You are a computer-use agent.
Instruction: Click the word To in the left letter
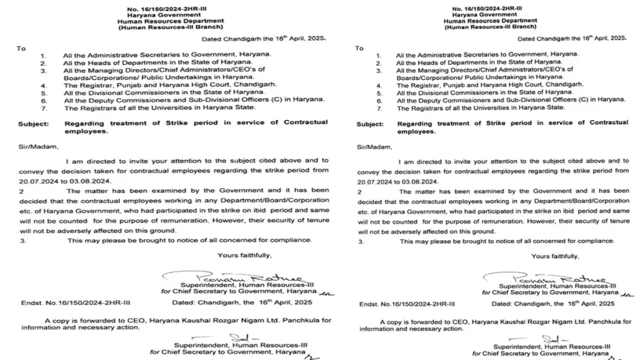pyautogui.click(x=21, y=48)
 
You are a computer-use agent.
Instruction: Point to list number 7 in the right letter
pyautogui.click(x=378, y=107)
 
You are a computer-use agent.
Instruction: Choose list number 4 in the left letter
pyautogui.click(x=44, y=85)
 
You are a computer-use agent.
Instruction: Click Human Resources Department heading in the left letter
pyautogui.click(x=171, y=21)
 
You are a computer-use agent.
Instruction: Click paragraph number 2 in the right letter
pyautogui.click(x=359, y=191)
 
